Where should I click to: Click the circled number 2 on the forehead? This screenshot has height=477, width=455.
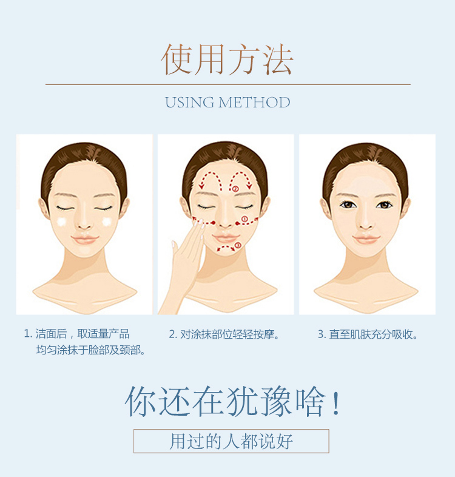(x=235, y=189)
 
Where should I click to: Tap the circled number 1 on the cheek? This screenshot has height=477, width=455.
(x=244, y=218)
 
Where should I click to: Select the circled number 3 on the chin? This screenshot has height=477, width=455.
(x=238, y=245)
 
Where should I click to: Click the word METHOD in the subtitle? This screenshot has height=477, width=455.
(x=254, y=103)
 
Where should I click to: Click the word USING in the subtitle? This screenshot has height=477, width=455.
(x=190, y=103)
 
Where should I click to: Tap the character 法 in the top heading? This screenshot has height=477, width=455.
(x=277, y=59)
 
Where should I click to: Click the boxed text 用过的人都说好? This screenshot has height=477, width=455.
(x=231, y=441)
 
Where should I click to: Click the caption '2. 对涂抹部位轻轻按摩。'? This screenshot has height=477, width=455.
(x=224, y=334)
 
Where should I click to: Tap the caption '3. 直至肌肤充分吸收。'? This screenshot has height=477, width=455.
(x=368, y=334)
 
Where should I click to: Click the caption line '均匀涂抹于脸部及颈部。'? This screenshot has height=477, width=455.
(x=90, y=350)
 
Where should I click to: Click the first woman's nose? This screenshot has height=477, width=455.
(x=84, y=224)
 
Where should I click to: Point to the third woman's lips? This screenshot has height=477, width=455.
(x=366, y=239)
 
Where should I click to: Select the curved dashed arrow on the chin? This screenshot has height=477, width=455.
(x=225, y=249)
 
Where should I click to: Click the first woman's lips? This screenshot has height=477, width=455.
(x=84, y=239)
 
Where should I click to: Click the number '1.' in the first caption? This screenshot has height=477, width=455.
(x=28, y=334)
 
